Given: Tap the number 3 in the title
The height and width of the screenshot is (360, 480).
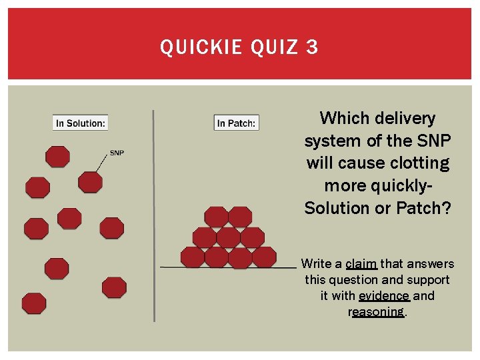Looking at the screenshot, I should (x=312, y=47).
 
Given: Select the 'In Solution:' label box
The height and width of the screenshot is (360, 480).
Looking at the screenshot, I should (x=80, y=123).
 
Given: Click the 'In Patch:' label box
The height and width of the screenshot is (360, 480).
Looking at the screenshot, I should (x=236, y=123).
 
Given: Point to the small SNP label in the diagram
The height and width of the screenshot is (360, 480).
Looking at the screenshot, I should (x=117, y=153).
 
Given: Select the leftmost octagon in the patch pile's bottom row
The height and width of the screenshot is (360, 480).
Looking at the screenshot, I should (x=193, y=257).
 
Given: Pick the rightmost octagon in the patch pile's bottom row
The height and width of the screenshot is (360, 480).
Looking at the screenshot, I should (x=265, y=257).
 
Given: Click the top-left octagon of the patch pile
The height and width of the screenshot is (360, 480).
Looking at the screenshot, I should (x=216, y=217).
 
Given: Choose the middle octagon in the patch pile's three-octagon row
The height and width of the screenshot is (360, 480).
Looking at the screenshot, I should (x=229, y=237).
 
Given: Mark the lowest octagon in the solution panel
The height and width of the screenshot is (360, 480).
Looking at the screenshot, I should (x=34, y=303).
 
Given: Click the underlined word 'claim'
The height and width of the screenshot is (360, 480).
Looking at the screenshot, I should (x=361, y=264).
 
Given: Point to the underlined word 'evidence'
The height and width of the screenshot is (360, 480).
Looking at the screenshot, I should (x=384, y=296).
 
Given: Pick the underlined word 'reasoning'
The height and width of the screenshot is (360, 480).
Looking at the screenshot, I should (x=377, y=312).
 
